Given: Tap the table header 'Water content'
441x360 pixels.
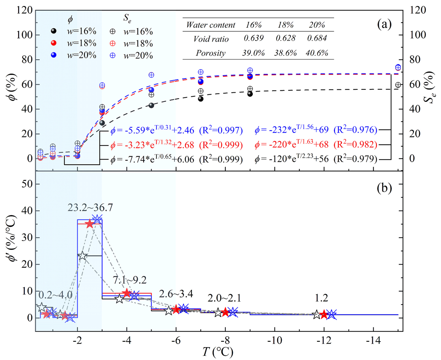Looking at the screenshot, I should (x=211, y=25).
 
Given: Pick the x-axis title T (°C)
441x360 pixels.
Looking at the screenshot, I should (x=218, y=352).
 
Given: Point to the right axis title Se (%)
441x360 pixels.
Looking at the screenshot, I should (x=430, y=99).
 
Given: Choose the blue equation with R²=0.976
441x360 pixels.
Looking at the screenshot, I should (x=316, y=129).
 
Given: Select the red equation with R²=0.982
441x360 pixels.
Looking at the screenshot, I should (x=316, y=145).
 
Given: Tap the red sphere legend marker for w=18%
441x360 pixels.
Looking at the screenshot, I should (x=53, y=43).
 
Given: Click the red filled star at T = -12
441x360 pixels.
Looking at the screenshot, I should (x=324, y=314).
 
